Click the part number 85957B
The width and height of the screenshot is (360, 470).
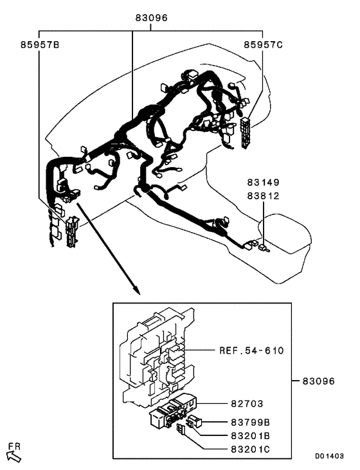[x=39, y=45]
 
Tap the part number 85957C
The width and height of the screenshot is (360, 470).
[x=263, y=45]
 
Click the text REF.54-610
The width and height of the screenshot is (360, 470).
[x=252, y=350]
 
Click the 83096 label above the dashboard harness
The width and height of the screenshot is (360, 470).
[x=151, y=19]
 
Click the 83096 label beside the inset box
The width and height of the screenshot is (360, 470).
[x=319, y=381]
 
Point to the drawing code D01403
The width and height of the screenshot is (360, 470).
[x=329, y=455]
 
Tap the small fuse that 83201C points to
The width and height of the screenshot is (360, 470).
[x=181, y=429]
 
